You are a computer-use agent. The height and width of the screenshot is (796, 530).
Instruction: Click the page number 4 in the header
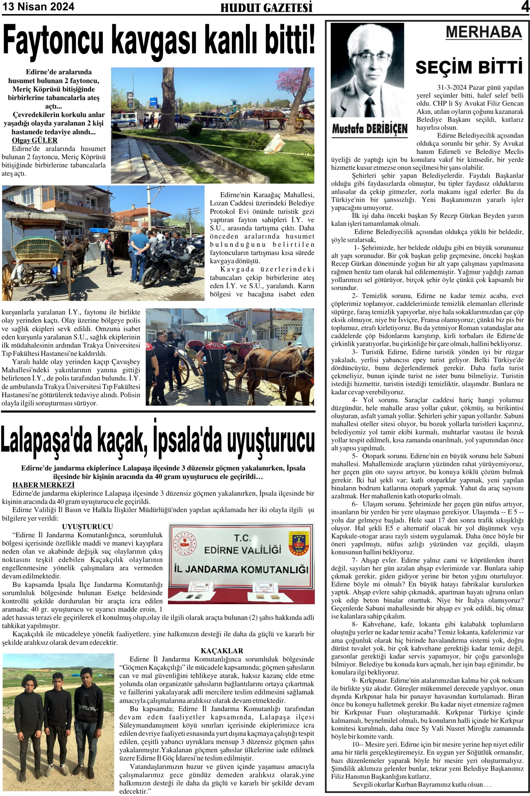[x=525, y=7]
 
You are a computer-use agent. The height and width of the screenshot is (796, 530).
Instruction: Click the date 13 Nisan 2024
[x=38, y=7]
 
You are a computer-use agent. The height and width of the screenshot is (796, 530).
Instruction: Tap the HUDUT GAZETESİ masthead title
[x=266, y=8]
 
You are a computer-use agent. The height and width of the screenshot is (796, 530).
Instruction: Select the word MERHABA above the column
[x=484, y=32]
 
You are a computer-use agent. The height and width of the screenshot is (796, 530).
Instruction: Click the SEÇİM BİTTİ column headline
[x=469, y=67]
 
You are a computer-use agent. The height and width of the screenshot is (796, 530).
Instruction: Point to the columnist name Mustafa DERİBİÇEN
[x=370, y=129]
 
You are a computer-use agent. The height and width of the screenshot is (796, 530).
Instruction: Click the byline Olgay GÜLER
[x=35, y=140]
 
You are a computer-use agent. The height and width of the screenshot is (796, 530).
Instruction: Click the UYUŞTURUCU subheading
[x=87, y=527]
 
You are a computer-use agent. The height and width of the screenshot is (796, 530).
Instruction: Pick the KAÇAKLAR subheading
[x=222, y=650]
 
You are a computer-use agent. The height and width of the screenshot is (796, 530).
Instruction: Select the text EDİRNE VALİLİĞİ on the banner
[x=243, y=550]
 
